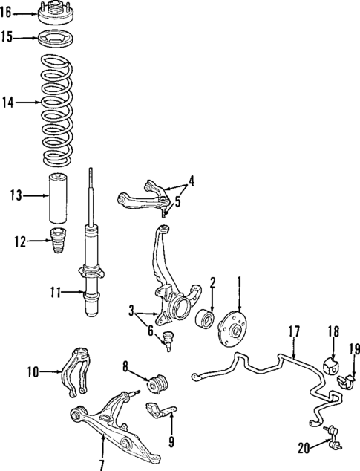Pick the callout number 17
click(294, 333)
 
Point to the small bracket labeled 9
click(163, 409)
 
